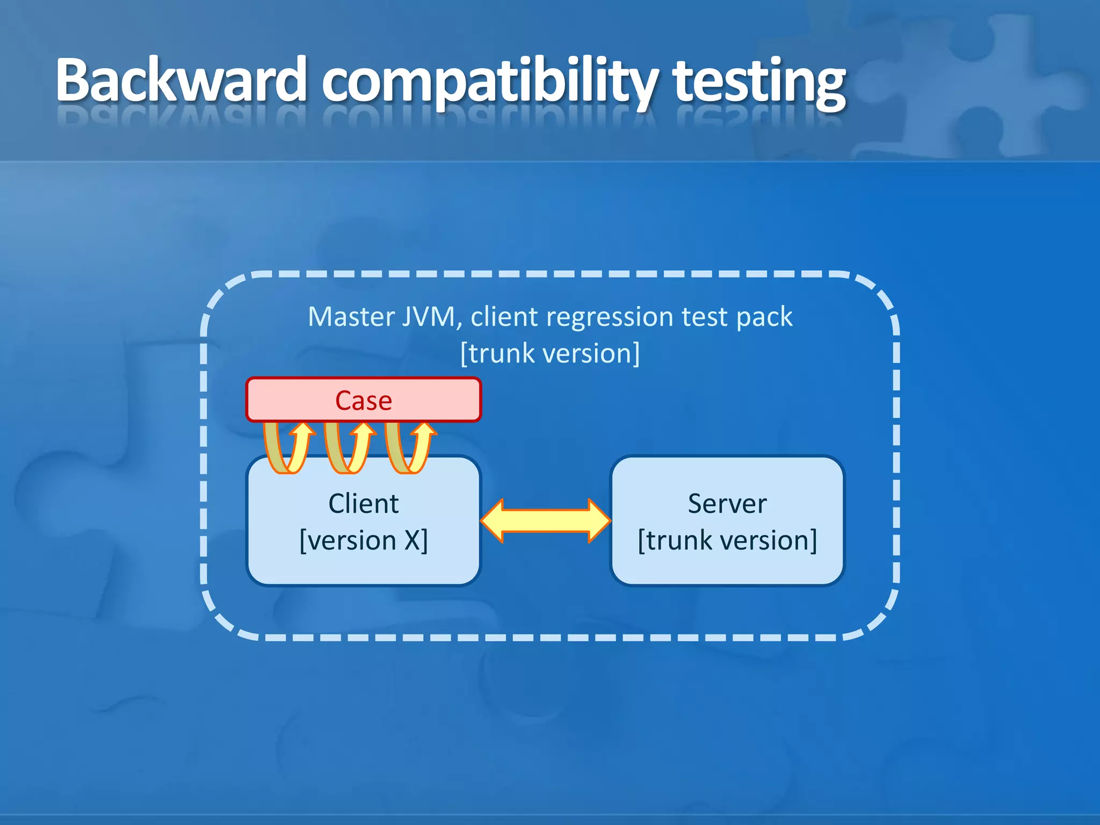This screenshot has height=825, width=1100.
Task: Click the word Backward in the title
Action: point(180,81)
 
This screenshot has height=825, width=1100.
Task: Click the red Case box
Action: point(364,400)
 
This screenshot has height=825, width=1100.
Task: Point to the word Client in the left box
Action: point(364,504)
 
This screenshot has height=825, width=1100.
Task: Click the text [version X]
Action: point(364,540)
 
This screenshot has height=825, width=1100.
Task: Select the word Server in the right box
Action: point(727,504)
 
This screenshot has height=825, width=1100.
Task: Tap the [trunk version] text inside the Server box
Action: point(727,540)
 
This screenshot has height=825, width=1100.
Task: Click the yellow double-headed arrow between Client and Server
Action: point(546,520)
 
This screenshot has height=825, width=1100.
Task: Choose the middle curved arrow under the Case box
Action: point(348,447)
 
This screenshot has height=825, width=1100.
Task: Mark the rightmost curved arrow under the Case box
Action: point(409,447)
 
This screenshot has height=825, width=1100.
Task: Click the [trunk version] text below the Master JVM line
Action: point(550,353)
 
